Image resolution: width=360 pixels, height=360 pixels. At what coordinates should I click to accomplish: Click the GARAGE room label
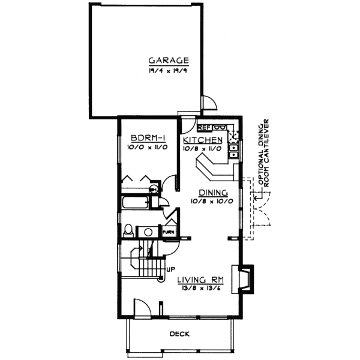(169, 61)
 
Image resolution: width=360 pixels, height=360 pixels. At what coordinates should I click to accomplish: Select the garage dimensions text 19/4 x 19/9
(169, 71)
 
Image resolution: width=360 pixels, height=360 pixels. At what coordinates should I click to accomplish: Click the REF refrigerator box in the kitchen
(204, 127)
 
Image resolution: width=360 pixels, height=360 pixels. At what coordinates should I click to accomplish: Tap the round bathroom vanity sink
(146, 231)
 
